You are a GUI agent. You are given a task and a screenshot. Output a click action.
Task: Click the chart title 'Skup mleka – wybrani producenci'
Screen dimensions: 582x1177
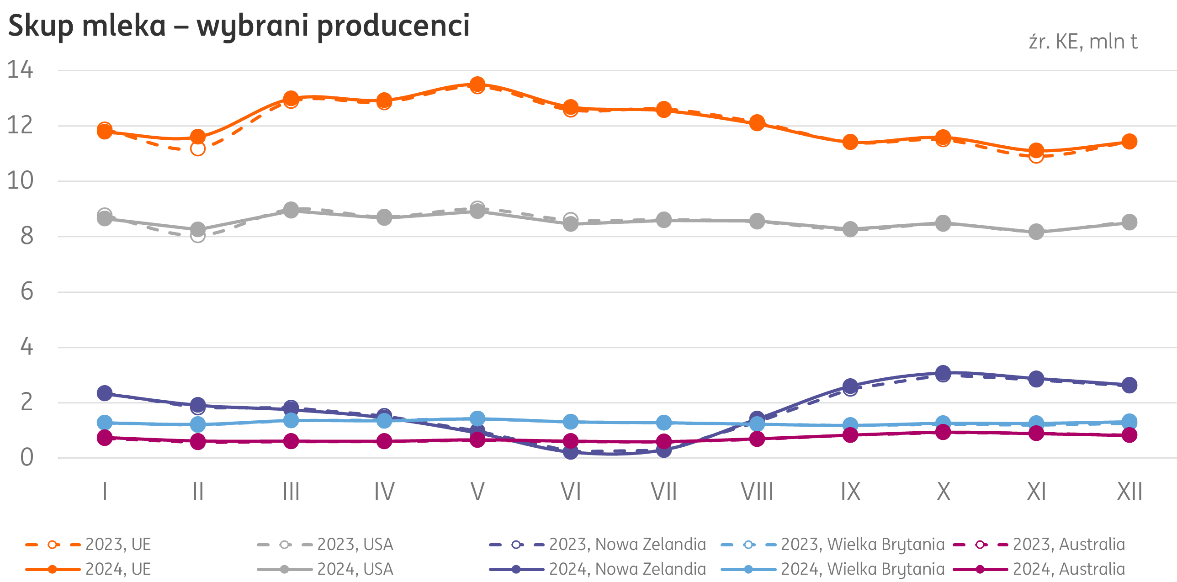tap(239, 26)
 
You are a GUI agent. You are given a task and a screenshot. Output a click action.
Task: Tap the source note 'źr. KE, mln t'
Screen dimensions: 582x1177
tap(1082, 42)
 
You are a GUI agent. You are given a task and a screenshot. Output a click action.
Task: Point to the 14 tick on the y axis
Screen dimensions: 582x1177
tap(20, 70)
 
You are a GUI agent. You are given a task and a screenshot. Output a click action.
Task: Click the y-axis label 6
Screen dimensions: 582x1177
tap(27, 291)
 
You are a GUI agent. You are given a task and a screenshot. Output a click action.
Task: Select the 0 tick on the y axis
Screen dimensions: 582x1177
tap(27, 458)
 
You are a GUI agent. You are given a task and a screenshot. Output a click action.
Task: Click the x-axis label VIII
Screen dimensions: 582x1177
tap(757, 492)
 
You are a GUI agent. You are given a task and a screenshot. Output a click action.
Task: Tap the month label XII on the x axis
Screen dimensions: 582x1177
tap(1129, 492)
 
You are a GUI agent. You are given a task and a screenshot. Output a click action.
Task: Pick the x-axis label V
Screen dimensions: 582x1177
tap(477, 492)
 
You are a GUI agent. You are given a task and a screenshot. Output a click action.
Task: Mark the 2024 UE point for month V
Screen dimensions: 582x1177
tap(477, 84)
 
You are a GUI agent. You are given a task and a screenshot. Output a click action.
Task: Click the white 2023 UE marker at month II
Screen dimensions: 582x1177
tap(198, 149)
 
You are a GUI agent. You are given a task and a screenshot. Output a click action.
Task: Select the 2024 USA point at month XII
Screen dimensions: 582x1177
tap(1129, 222)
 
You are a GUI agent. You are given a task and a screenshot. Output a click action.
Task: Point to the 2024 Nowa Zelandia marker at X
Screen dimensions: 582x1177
tap(943, 373)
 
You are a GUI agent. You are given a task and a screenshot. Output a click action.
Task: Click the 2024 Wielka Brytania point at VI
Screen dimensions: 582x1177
tap(570, 422)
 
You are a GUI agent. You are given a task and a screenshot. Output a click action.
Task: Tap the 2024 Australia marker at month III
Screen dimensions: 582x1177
tap(291, 441)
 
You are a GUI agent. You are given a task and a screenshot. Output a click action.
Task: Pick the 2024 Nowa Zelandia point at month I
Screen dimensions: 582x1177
tap(105, 393)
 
